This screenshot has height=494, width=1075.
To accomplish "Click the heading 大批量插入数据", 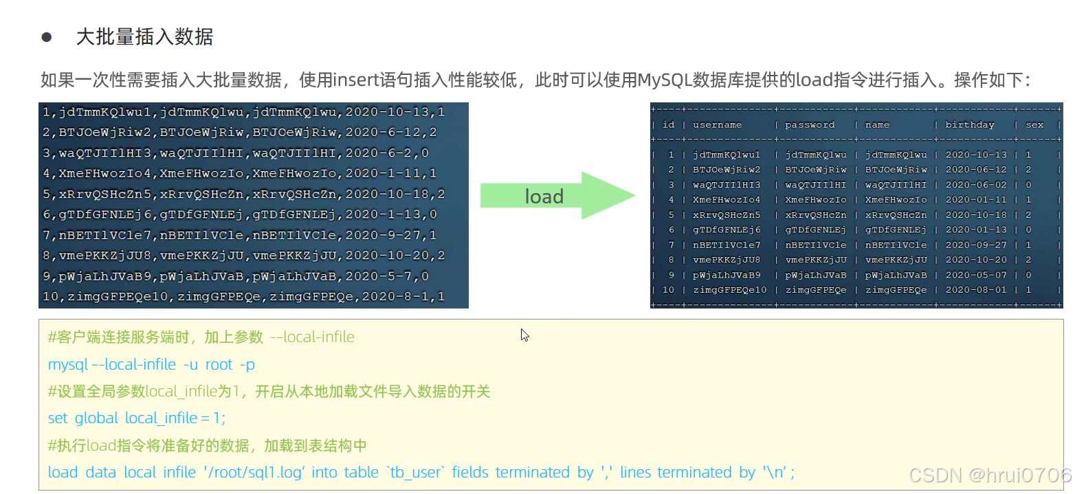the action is (x=144, y=37).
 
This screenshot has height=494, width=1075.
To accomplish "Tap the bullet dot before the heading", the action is (x=47, y=37).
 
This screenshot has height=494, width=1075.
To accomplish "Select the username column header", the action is (x=717, y=125).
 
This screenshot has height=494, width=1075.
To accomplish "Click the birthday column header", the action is (x=969, y=125).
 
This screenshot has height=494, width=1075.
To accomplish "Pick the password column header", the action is (x=810, y=125).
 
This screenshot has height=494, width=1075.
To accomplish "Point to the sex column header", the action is (x=1034, y=125).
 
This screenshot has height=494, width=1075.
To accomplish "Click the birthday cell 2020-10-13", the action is (x=975, y=155).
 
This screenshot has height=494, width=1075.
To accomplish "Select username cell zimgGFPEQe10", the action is (x=729, y=290).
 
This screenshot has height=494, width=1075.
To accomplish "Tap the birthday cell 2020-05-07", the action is (x=975, y=275).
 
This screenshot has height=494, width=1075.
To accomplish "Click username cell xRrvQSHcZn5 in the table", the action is (x=727, y=214).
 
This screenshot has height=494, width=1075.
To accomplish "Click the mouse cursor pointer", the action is (x=524, y=335).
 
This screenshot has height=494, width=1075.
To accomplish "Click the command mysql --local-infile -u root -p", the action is (x=151, y=364).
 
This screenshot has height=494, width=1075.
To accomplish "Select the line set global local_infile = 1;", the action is (x=137, y=418).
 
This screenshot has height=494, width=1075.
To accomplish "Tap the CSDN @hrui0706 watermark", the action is (x=990, y=474).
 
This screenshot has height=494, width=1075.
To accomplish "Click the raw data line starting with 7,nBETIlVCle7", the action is (x=239, y=235).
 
